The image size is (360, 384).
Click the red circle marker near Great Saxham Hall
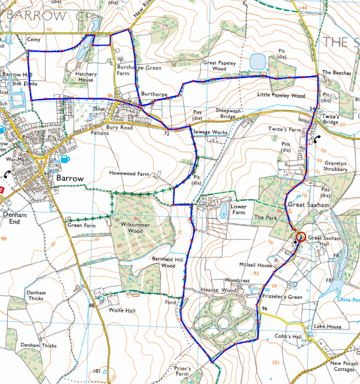(x=301, y=236)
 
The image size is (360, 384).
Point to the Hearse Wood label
(x=221, y=290)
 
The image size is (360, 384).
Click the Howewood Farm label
(x=128, y=173)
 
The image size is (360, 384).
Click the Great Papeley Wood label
(x=223, y=65)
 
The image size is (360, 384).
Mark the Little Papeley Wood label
(x=281, y=95)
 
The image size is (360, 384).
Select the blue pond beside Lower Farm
(x=223, y=210)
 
